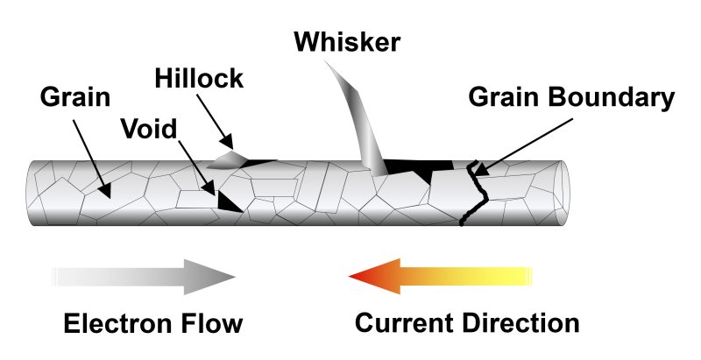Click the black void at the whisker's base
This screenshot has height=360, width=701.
tap(412, 166)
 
